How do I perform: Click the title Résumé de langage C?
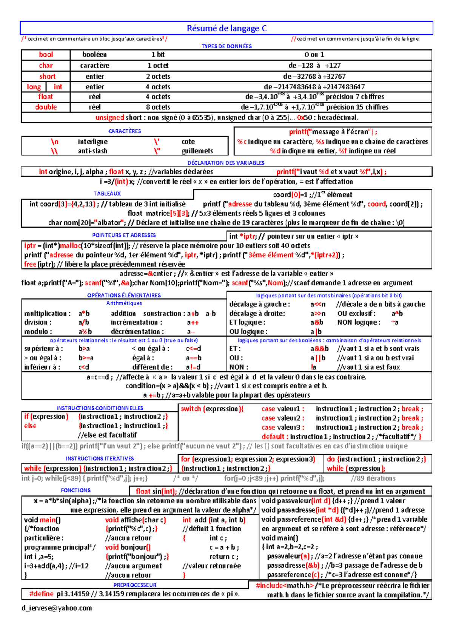coord(226,28)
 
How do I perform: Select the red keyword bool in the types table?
coord(46,55)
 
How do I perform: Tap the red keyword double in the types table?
coord(46,107)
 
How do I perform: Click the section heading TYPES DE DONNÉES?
coord(226,46)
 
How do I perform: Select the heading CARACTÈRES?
coord(125,131)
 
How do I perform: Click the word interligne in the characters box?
coord(92,142)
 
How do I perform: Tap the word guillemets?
coord(197,151)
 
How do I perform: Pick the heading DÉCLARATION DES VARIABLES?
coord(226,163)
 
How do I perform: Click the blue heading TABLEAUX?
coord(107,193)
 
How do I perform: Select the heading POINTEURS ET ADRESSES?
coord(124,235)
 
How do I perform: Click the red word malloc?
coord(70,246)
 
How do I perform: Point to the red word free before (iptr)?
coord(30,264)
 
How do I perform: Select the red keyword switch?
coord(190,409)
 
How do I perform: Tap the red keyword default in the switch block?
coord(273,437)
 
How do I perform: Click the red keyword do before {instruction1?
coord(331,459)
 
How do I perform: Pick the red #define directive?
coord(42,594)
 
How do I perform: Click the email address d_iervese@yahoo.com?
coord(57,608)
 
